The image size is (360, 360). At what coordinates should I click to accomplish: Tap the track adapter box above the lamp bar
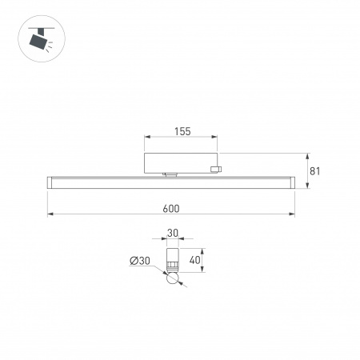tap(180, 162)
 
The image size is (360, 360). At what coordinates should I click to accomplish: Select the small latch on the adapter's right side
tap(214, 168)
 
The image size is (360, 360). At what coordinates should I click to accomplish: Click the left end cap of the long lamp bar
tap(50, 182)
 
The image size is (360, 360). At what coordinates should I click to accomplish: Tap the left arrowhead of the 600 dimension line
tap(50, 214)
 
